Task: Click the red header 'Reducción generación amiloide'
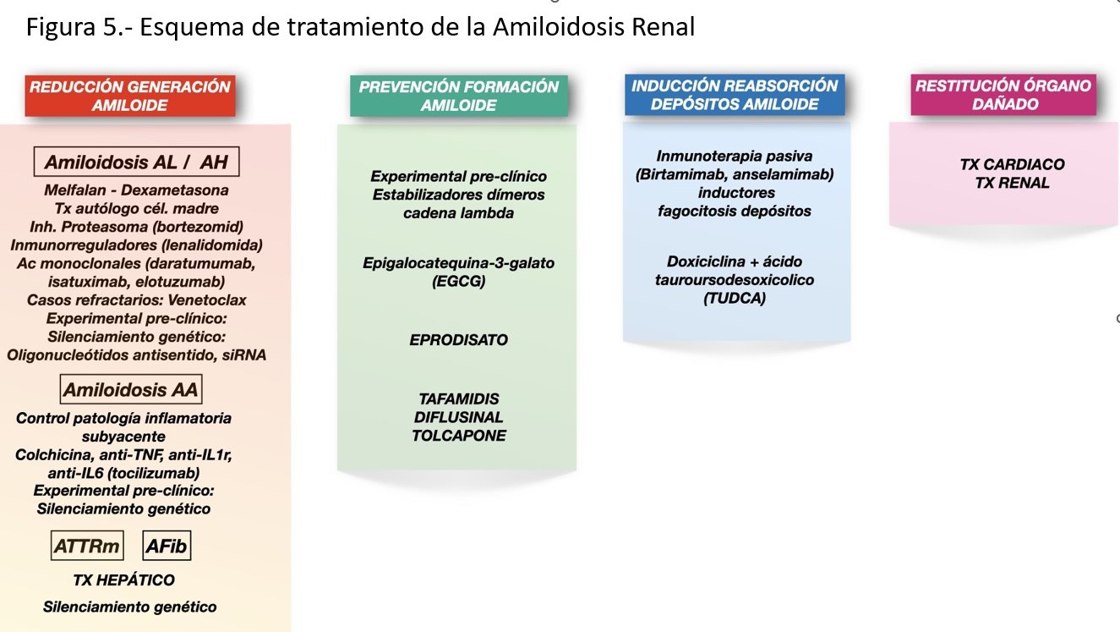129,96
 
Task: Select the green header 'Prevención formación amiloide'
458,96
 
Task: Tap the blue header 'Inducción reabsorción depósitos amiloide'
734,95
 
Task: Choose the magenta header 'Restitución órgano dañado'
1003,95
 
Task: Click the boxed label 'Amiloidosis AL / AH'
136,162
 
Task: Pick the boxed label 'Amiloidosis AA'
131,390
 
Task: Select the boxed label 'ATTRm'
86,547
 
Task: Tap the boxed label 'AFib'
166,547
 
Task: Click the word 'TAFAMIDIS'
459,398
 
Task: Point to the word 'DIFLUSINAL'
459,417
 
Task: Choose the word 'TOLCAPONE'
459,436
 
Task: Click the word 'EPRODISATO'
459,340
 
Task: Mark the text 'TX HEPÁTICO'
124,580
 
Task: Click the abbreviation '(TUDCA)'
734,298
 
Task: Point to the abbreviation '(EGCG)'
459,282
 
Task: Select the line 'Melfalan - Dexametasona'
136,190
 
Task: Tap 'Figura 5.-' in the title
77,28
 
